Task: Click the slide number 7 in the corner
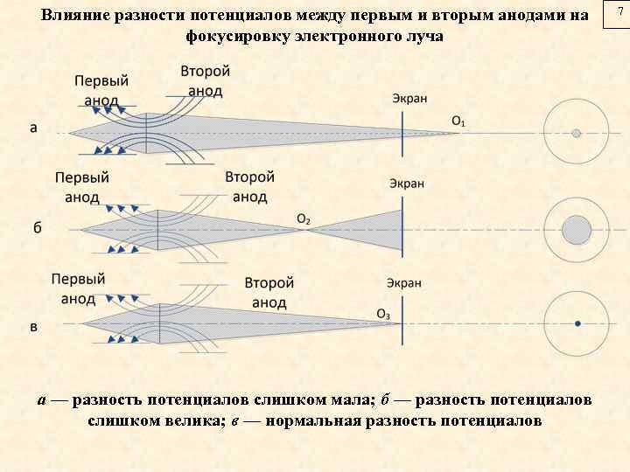coord(619,10)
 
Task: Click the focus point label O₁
coord(458,119)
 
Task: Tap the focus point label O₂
coord(304,219)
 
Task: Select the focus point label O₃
coord(383,314)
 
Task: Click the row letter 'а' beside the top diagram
coord(33,128)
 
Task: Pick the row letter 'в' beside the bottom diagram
coord(33,327)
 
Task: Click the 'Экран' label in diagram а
coord(409,99)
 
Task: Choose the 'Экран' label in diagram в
coord(403,283)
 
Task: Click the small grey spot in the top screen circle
coord(577,134)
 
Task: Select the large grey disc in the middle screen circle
coord(577,230)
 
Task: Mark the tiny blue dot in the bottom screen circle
coord(577,324)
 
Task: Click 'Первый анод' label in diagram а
coord(101,90)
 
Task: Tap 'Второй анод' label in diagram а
coord(206,80)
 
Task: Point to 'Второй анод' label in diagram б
coord(250,186)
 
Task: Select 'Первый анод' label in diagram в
coord(78,289)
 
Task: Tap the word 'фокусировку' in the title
coord(237,37)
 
